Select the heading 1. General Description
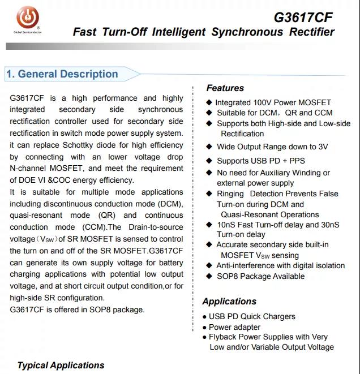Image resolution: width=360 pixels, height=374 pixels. (62, 74)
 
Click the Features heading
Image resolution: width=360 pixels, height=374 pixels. (225, 88)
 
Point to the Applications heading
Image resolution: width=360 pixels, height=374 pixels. (229, 301)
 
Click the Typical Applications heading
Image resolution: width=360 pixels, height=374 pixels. (61, 365)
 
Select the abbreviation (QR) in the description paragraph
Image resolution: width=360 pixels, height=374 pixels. (106, 216)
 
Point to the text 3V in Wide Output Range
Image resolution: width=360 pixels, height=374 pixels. (323, 147)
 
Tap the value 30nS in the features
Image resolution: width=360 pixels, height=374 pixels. (328, 225)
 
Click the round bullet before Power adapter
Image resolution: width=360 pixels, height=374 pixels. (205, 328)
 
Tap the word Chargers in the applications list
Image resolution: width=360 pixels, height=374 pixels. (278, 316)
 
